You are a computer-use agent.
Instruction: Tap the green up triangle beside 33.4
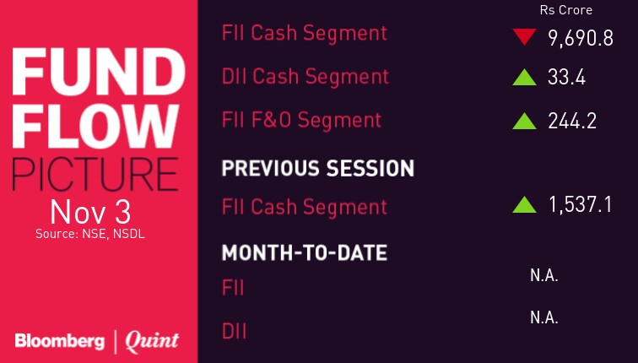click(524, 78)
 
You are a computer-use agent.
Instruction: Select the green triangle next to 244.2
click(524, 121)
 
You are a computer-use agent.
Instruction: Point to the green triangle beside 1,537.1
click(524, 204)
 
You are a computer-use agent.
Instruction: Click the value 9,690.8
click(581, 39)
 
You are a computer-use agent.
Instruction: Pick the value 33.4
click(567, 78)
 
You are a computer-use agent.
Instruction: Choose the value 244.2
click(572, 121)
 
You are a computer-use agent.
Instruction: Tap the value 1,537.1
click(581, 204)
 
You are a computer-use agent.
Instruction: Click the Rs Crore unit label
click(566, 10)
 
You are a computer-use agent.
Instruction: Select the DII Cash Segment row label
click(305, 78)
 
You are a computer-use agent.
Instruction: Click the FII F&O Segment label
click(301, 120)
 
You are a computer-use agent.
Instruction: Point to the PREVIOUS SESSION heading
click(318, 168)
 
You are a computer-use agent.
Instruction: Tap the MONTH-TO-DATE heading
click(305, 252)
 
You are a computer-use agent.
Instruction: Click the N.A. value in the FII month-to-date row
click(544, 276)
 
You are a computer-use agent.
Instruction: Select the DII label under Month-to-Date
click(234, 331)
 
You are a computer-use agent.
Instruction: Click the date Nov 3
click(90, 212)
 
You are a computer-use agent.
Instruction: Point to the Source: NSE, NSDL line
click(90, 234)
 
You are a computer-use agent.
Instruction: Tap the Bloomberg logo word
click(60, 341)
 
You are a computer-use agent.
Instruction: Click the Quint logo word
click(152, 341)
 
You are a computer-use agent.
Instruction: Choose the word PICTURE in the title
click(95, 174)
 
